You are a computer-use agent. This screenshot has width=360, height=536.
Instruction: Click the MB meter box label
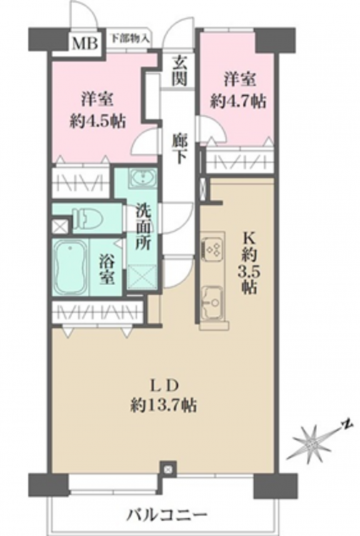(85, 44)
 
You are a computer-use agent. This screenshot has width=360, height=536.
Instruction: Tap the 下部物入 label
(130, 38)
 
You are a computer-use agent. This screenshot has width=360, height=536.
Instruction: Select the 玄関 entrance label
(179, 71)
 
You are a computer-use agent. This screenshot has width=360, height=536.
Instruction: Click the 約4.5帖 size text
(98, 121)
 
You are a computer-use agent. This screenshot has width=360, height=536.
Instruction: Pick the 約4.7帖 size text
(238, 101)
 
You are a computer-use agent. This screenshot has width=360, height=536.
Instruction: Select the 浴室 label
(107, 269)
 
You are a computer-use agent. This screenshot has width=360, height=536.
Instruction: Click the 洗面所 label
(144, 227)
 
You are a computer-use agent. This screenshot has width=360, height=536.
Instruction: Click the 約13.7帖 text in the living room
(164, 405)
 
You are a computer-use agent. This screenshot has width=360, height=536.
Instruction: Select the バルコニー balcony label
(167, 513)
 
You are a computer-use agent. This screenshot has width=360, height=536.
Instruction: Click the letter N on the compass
(347, 425)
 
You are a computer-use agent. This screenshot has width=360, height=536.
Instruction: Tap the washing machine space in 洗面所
(142, 277)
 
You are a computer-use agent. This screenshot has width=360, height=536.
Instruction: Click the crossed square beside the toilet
(59, 227)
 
